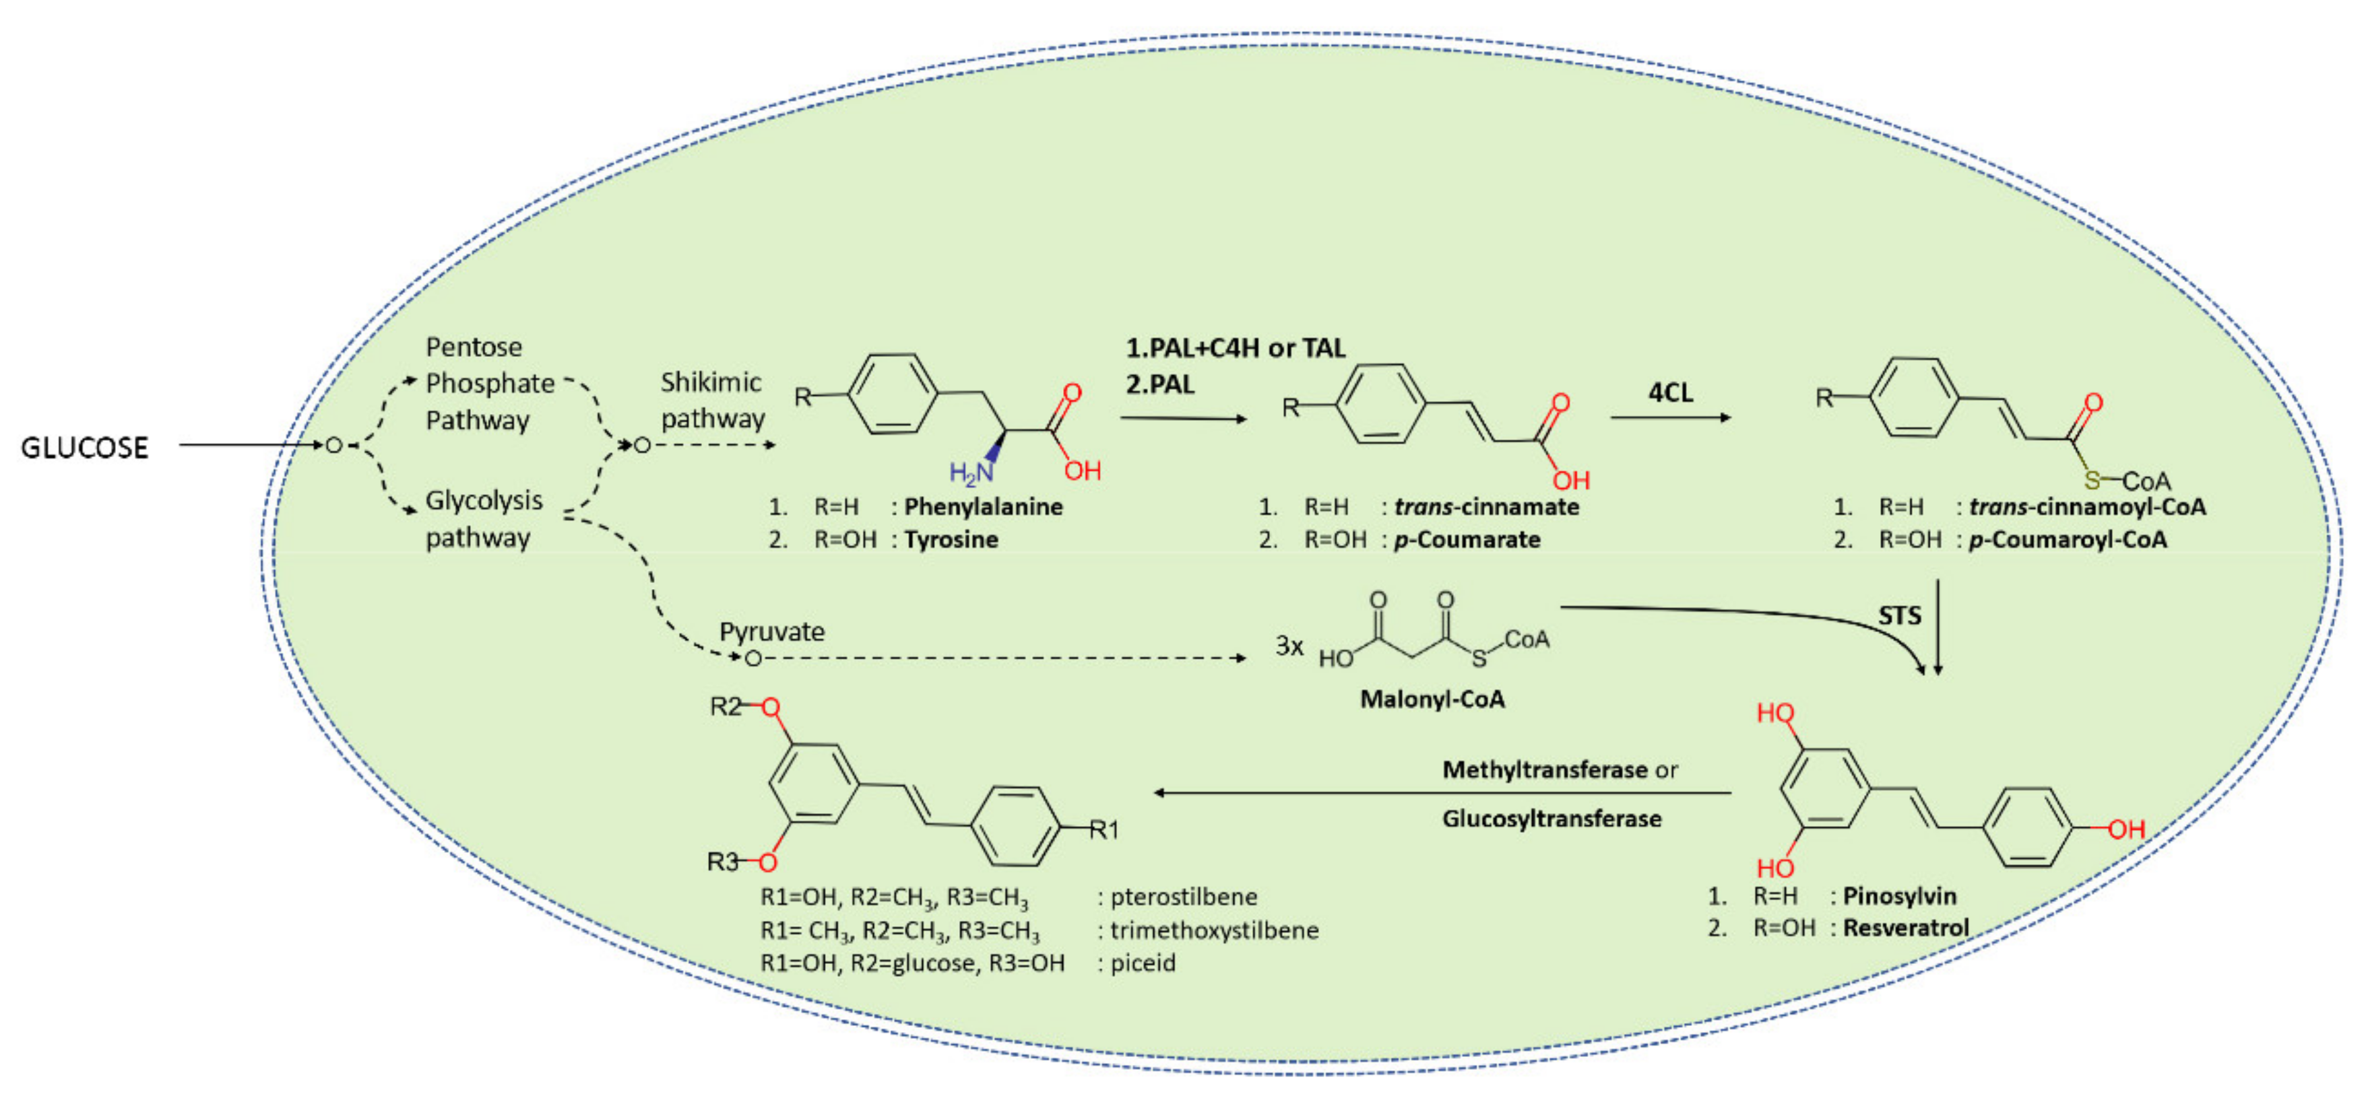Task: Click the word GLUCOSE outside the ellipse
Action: [85, 448]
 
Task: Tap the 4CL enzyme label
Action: [1669, 392]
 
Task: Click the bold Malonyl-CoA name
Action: [1432, 699]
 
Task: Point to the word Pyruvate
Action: [771, 631]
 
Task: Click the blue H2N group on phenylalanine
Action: [971, 473]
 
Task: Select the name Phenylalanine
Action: [983, 506]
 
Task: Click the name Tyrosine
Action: [951, 539]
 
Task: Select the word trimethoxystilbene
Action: [1213, 930]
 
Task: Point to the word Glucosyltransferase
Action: [1551, 818]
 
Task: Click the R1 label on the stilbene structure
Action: [1104, 830]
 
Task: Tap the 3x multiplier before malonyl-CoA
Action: [1289, 646]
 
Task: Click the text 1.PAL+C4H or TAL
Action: [1235, 347]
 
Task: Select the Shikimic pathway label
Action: [713, 400]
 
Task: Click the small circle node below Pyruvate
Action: [753, 658]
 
